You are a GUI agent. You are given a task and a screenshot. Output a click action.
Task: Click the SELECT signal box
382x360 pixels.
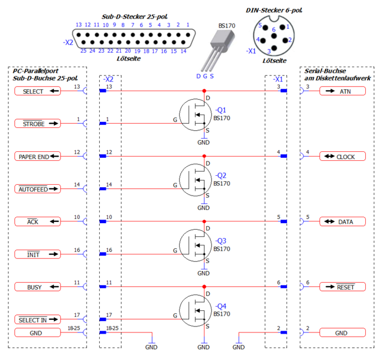point(37,91)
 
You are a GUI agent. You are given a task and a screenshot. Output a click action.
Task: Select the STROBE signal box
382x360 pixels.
point(37,124)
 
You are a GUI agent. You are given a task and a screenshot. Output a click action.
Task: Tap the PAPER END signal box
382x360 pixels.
point(37,157)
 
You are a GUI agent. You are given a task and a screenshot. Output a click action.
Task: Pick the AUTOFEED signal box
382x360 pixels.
point(37,189)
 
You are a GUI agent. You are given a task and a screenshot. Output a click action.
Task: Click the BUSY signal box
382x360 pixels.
point(37,287)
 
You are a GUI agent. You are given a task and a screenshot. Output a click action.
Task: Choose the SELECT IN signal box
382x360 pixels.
point(37,320)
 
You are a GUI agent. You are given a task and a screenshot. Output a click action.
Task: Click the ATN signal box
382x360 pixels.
point(342,91)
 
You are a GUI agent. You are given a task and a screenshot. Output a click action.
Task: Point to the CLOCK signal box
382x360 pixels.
point(342,157)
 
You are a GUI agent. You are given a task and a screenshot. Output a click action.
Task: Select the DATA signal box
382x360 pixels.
point(342,221)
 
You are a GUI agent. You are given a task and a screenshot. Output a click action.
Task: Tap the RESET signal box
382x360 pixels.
point(342,287)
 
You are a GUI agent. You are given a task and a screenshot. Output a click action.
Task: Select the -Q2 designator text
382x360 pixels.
point(220,175)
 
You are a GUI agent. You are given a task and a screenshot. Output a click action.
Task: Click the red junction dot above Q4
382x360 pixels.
point(204,287)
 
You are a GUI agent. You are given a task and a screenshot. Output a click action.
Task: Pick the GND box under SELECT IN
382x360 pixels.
point(37,332)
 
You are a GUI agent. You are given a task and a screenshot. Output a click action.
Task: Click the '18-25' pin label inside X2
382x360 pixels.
point(113,329)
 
